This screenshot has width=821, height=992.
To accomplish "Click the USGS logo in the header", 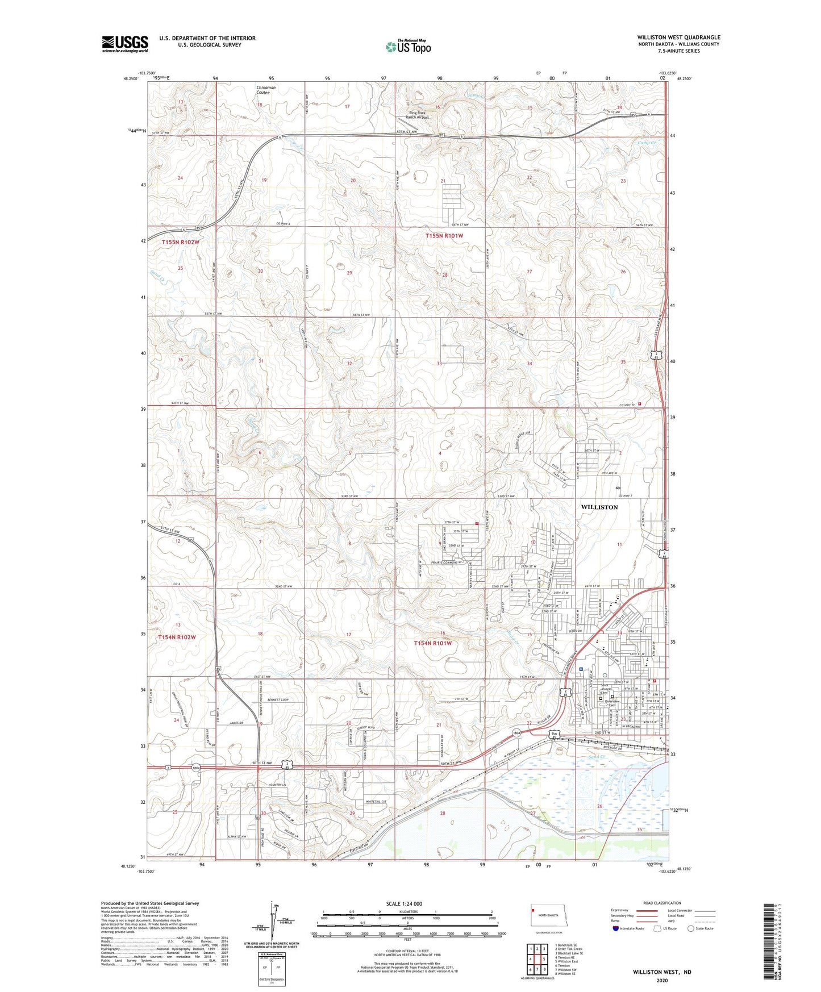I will click(x=124, y=44).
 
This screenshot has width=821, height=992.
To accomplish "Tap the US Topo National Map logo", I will click(x=407, y=47).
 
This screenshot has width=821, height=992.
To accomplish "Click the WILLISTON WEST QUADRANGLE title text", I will click(x=678, y=37).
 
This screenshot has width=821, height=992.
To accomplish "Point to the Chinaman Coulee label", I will click(x=265, y=90).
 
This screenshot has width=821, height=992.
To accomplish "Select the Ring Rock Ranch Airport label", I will click(x=421, y=115).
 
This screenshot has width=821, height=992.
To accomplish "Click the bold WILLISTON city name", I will click(x=599, y=507).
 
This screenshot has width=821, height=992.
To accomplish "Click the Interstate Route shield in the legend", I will click(x=616, y=928).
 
